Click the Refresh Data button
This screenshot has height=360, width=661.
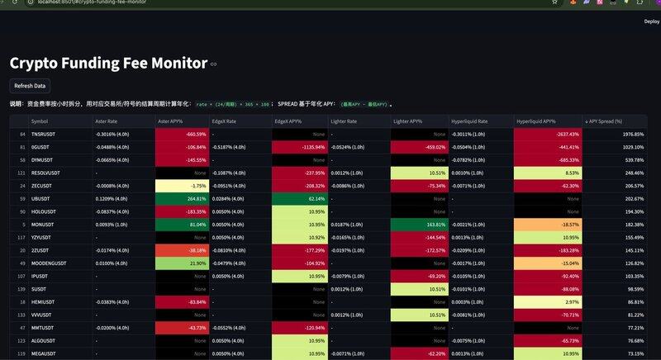(30, 86)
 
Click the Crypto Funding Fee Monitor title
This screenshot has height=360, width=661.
(108, 63)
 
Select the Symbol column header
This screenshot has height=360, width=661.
(40, 121)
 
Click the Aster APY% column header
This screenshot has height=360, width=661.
(170, 121)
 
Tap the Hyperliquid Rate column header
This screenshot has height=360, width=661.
(469, 121)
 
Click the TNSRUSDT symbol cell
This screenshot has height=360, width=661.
(43, 134)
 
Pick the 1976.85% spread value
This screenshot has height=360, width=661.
(633, 134)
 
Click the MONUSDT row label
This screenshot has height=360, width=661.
(42, 224)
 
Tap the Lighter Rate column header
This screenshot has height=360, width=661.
(344, 121)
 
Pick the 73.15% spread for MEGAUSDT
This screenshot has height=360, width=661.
(634, 353)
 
